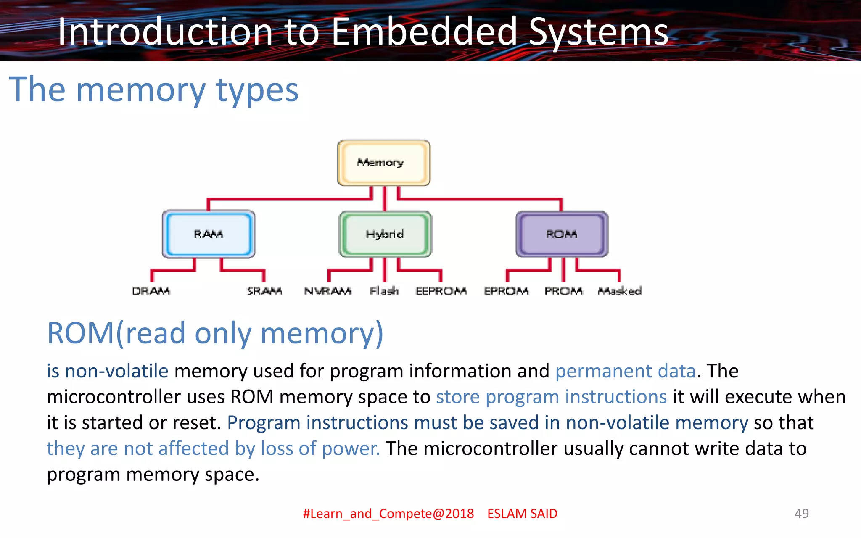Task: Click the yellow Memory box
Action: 383,163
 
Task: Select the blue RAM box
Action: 209,234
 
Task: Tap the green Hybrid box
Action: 385,234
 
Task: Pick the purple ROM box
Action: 562,234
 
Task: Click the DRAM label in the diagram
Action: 151,291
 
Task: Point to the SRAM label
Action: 264,291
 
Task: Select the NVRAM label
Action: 327,291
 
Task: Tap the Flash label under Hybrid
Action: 384,291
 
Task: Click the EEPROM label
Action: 441,291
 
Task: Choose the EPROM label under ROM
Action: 506,291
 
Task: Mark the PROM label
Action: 563,291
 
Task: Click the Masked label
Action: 620,291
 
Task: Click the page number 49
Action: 801,513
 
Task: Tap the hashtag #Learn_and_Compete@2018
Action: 388,514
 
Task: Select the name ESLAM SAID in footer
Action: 522,514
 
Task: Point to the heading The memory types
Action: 153,90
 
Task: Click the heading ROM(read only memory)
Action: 215,333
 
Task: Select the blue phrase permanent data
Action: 625,371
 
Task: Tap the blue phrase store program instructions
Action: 551,397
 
